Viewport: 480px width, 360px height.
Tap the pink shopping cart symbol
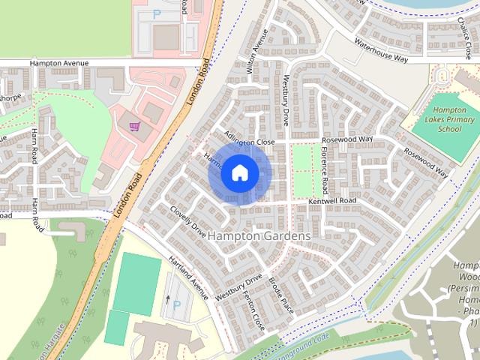pyautogui.click(x=135, y=127)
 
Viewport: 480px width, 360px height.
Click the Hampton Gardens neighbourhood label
pyautogui.click(x=259, y=235)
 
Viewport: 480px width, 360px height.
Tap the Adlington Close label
pyautogui.click(x=250, y=140)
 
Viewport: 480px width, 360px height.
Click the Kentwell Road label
pyautogui.click(x=331, y=202)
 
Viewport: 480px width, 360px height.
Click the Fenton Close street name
pyautogui.click(x=252, y=310)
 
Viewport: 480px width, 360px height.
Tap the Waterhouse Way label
pyautogui.click(x=381, y=49)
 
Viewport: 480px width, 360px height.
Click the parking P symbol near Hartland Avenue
pyautogui.click(x=177, y=305)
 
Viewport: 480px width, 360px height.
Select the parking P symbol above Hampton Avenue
pyautogui.click(x=157, y=13)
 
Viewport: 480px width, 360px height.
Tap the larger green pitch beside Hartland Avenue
pyautogui.click(x=136, y=282)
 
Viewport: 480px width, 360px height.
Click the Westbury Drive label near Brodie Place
pyautogui.click(x=238, y=286)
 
